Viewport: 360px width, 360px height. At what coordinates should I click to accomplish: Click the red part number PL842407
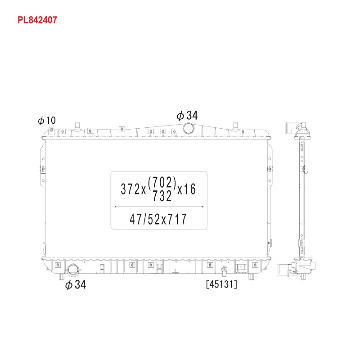tap(37, 20)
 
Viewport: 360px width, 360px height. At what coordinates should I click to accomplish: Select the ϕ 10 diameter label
tap(47, 120)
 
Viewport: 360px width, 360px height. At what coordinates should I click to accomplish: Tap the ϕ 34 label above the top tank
tap(187, 116)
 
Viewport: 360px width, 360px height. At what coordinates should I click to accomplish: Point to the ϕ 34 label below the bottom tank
tap(76, 284)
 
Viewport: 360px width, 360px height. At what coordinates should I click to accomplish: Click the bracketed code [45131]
tap(221, 284)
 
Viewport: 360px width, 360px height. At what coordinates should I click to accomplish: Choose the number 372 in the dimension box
tap(130, 189)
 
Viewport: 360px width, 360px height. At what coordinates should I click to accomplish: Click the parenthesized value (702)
tap(162, 183)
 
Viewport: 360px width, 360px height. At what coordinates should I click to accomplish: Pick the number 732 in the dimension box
tap(162, 196)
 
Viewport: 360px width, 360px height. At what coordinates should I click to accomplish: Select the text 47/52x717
tap(158, 219)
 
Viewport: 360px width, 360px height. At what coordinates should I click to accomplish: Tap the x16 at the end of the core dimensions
tap(186, 189)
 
